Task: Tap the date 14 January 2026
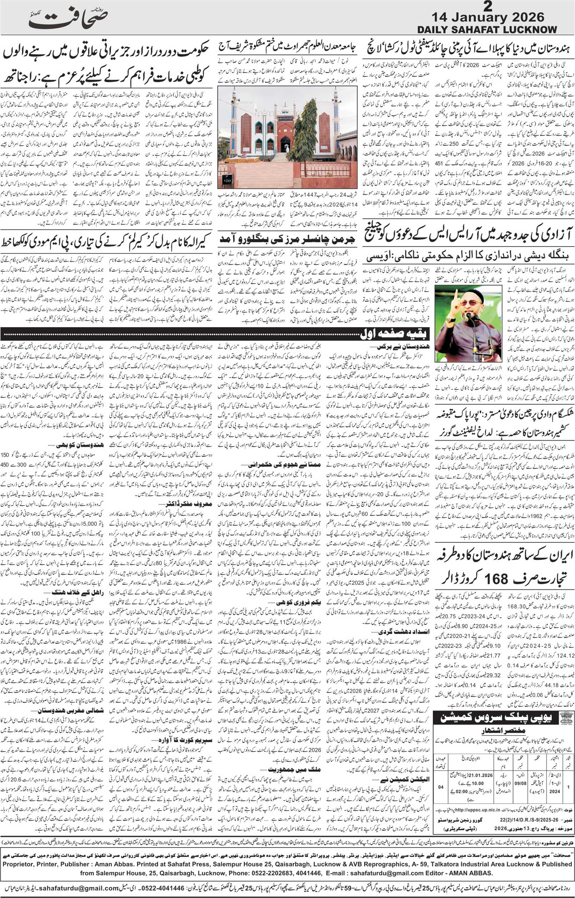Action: pyautogui.click(x=487, y=18)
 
